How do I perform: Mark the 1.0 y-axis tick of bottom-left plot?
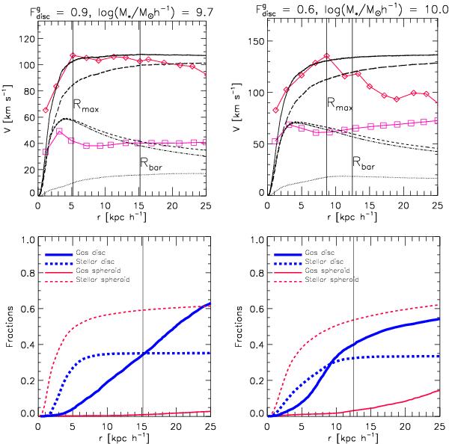point(25,240)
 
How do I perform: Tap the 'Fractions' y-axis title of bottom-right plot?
point(234,327)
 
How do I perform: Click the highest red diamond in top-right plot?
point(327,56)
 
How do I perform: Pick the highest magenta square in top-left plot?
point(59,132)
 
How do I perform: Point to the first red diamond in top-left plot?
point(46,110)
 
